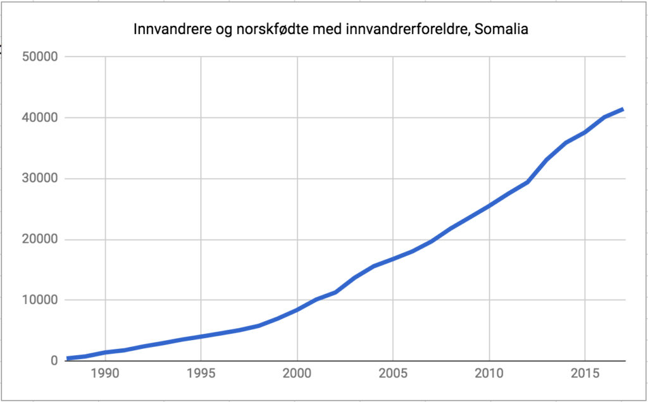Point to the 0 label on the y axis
point(54,361)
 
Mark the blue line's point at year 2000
point(297,310)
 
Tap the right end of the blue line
point(623,109)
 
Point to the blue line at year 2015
point(585,132)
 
